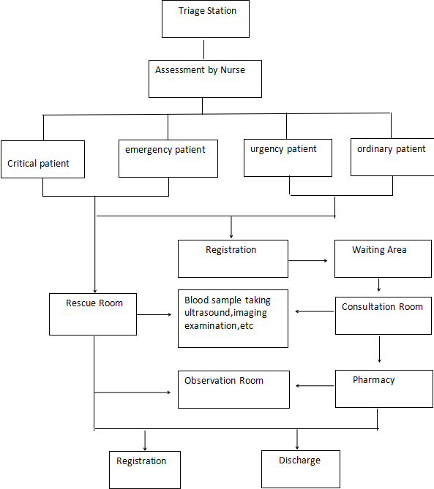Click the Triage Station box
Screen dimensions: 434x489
(x=206, y=19)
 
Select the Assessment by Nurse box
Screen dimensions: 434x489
(x=205, y=79)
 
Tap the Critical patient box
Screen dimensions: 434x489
(x=42, y=159)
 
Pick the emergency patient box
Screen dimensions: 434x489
(x=168, y=159)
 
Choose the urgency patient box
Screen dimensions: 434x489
(x=288, y=158)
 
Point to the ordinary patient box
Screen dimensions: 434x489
(x=392, y=157)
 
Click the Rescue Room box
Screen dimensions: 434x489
(x=93, y=314)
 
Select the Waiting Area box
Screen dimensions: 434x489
(x=383, y=259)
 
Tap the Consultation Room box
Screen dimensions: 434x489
(x=384, y=316)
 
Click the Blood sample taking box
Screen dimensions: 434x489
(x=233, y=319)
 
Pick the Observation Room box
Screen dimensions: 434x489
(x=234, y=390)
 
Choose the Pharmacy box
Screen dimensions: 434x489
(x=384, y=389)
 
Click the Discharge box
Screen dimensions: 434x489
(x=301, y=469)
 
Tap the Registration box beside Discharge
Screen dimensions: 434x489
(x=145, y=470)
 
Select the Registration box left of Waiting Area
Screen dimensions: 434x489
(x=233, y=259)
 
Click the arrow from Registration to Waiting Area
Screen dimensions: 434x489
(x=308, y=260)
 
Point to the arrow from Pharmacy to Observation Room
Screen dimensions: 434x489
(x=315, y=386)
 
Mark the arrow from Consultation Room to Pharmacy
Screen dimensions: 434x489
(x=379, y=349)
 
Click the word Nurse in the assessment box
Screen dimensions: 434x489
(x=233, y=70)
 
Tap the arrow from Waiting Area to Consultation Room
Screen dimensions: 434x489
(x=378, y=285)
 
